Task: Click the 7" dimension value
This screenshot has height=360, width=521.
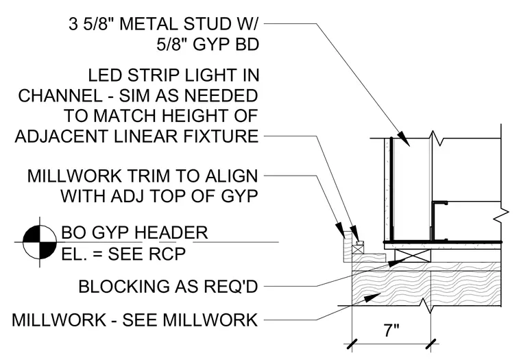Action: (x=391, y=331)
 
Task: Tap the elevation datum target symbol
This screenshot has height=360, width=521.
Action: (x=40, y=242)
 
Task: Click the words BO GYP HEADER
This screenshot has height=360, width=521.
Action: (x=134, y=232)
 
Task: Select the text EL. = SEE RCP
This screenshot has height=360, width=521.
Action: (x=123, y=254)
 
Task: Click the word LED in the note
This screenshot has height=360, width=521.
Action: (x=103, y=75)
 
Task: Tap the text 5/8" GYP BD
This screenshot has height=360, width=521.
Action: (x=208, y=45)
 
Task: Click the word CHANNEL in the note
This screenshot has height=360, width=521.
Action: (x=60, y=96)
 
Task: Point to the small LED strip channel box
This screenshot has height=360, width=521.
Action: (x=359, y=243)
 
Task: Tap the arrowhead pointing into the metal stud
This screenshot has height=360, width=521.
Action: (x=404, y=138)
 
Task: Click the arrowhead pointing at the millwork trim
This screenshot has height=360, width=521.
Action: (x=340, y=230)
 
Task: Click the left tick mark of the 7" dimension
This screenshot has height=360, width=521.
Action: (x=352, y=344)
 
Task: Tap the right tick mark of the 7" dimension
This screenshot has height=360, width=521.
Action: (x=431, y=344)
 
